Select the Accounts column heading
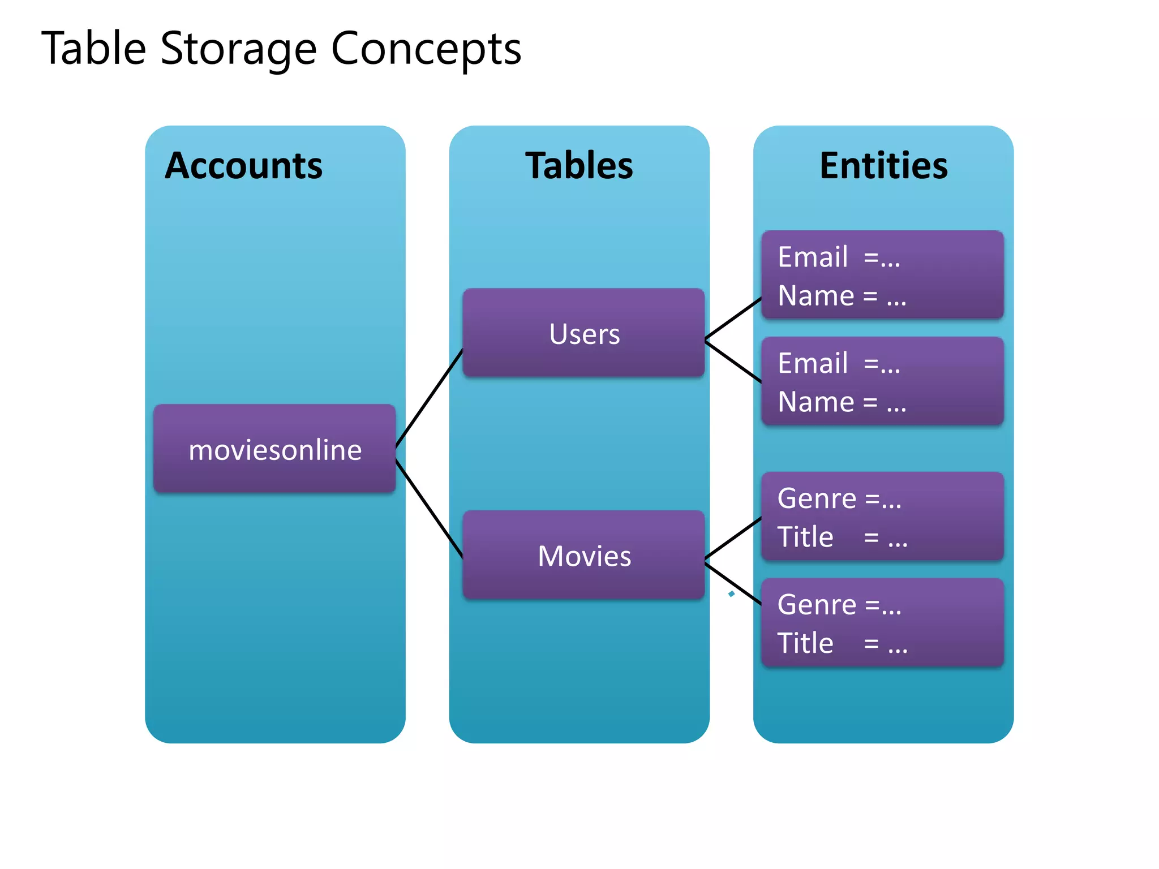coord(243,166)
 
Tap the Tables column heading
coord(579,166)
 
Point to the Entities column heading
coord(883,166)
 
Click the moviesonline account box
coord(274,449)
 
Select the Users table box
coord(583,333)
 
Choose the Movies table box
coord(583,556)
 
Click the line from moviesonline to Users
coord(429,398)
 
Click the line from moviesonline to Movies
coord(429,509)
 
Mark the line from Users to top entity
coord(733,319)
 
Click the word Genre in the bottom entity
coord(817,605)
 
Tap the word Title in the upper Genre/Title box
coord(805,537)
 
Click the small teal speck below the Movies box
coord(731,593)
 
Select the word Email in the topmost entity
coord(813,257)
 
